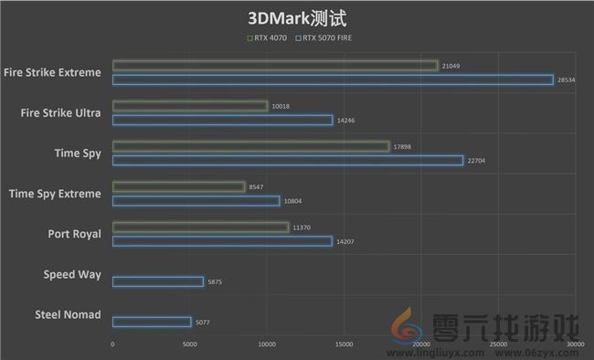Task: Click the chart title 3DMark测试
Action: point(297,18)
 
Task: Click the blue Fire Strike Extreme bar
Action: point(333,79)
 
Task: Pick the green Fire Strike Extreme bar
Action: point(275,66)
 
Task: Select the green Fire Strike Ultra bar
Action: point(189,106)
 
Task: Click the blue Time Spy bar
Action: point(287,161)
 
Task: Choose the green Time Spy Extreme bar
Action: point(178,186)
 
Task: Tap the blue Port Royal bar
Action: point(222,241)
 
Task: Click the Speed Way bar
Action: point(157,281)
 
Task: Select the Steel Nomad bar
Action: point(152,322)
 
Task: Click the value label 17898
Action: point(403,147)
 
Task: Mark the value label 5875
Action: point(215,282)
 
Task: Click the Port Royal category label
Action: point(74,234)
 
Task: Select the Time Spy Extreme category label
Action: point(55,194)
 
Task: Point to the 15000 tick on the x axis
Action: point(344,345)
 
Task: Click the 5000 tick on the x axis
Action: point(189,345)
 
